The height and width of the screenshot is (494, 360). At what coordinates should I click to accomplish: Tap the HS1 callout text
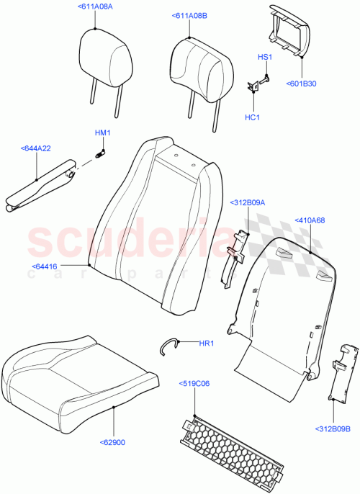(x=264, y=56)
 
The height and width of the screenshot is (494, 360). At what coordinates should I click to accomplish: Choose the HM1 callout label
(x=102, y=133)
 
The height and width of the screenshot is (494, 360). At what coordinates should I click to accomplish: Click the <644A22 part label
(x=36, y=148)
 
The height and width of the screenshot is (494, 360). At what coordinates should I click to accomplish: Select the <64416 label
(x=45, y=267)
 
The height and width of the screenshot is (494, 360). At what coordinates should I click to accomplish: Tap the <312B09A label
(x=248, y=203)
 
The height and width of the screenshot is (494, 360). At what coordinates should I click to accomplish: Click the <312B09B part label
(x=333, y=449)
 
